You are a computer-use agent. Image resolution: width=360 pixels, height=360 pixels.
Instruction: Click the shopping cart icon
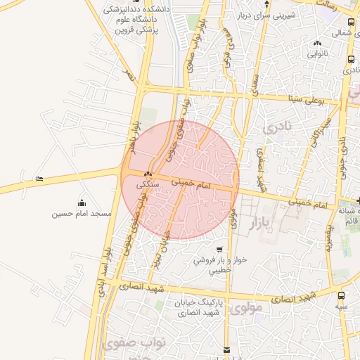point(220,250)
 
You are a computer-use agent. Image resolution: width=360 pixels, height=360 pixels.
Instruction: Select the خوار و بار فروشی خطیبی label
point(222,264)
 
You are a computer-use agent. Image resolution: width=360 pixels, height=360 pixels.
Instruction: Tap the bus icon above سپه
point(342,296)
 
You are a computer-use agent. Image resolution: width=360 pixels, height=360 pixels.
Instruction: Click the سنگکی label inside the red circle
point(148,184)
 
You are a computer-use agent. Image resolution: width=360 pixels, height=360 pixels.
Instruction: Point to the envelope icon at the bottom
point(226,349)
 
